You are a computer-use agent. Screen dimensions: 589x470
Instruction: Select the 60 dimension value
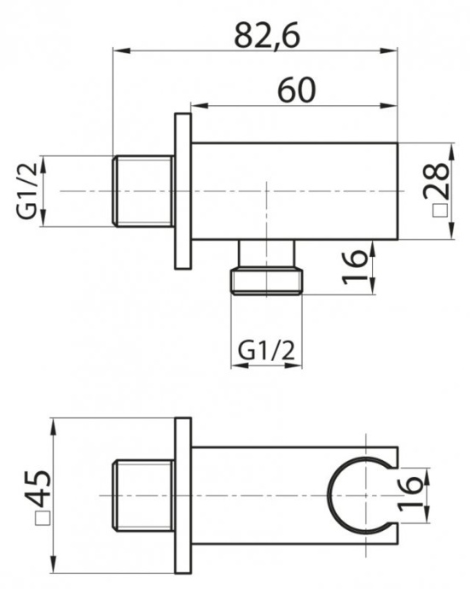coord(295,88)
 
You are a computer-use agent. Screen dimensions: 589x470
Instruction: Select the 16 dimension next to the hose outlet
coord(357,267)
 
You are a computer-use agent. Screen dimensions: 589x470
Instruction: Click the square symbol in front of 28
coord(438,210)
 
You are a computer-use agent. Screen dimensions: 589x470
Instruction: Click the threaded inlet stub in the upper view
coord(142,191)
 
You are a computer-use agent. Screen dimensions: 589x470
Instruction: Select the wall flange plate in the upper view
coord(183,191)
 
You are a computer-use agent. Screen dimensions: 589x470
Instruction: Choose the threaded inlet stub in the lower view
coord(142,496)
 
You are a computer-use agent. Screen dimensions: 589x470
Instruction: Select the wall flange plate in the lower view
coord(183,496)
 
